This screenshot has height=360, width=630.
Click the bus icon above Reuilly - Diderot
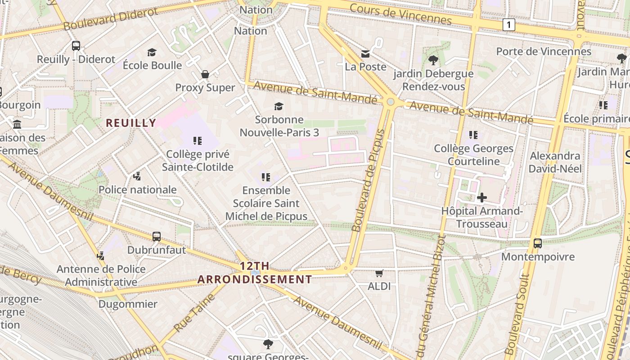pyautogui.click(x=76, y=46)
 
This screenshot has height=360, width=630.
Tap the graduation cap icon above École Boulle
pyautogui.click(x=152, y=53)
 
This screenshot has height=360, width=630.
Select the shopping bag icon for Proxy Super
pyautogui.click(x=205, y=74)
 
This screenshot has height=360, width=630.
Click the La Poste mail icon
pyautogui.click(x=365, y=54)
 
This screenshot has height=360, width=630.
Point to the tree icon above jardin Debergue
pyautogui.click(x=433, y=60)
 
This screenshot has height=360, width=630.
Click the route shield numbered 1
pyautogui.click(x=508, y=25)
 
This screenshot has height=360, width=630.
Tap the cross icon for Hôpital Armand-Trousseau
pyautogui.click(x=481, y=198)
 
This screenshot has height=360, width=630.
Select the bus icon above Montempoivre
pyautogui.click(x=537, y=243)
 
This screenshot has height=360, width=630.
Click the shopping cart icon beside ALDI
pyautogui.click(x=379, y=273)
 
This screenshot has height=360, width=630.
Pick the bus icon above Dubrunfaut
pyautogui.click(x=157, y=236)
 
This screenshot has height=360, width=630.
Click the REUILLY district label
pyautogui.click(x=131, y=123)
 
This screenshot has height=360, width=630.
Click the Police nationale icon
pyautogui.click(x=137, y=176)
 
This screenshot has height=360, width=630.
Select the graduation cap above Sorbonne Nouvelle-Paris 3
pyautogui.click(x=279, y=106)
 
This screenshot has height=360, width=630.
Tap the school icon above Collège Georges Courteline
pyautogui.click(x=473, y=135)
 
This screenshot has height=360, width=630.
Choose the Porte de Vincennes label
pyautogui.click(x=544, y=51)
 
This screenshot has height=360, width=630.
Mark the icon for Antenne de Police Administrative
pyautogui.click(x=101, y=256)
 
